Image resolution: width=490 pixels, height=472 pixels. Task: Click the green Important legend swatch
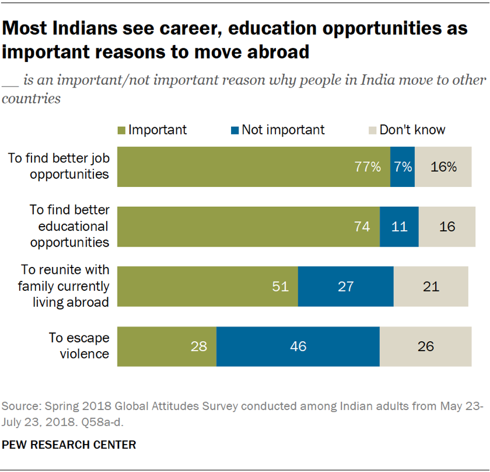tap(122, 130)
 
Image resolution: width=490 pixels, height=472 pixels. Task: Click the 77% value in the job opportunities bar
tap(368, 166)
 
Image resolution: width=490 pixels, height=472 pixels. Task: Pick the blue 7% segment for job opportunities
tap(402, 166)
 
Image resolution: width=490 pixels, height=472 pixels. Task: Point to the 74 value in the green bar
tap(362, 227)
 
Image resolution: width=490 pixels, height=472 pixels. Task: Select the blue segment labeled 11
tap(399, 227)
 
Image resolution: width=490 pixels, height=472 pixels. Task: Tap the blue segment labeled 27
tap(345, 287)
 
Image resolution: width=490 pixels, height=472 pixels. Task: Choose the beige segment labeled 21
tap(430, 287)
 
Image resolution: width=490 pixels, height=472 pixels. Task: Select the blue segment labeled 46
tap(297, 347)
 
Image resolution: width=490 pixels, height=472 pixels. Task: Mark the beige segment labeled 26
tap(425, 347)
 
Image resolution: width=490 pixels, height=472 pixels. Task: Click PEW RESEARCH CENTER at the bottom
tap(69, 445)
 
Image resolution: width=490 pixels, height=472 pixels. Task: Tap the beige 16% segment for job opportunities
tap(443, 166)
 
